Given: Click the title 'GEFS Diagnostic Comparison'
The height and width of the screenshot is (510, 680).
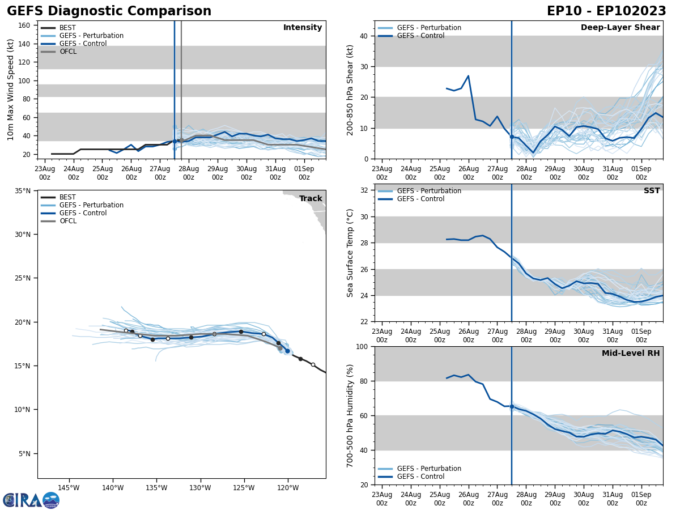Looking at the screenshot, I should pos(109,11).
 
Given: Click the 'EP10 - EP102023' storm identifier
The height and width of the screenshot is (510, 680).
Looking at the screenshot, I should pos(606,11).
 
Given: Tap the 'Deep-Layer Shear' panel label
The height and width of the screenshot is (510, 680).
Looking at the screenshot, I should pos(620,28).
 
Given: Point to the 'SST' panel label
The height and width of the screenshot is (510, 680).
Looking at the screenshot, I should pos(652,191).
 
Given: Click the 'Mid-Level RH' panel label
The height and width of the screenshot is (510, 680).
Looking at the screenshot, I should pos(631,354).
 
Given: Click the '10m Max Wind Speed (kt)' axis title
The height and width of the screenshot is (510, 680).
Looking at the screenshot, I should pos(11,90).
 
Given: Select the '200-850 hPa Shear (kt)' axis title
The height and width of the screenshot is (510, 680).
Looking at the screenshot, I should pos(350,90).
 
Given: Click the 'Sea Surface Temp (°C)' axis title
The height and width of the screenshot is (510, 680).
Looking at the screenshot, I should pos(350,253).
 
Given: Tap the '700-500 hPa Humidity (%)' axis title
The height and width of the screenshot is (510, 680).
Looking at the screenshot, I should pos(350,415).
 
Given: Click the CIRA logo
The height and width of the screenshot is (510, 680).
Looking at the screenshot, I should pos(31,500).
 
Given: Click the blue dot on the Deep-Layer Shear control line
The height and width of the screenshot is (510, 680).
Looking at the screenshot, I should pos(512,137).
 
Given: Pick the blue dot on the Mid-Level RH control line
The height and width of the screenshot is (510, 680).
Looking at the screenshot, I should pos(512,406).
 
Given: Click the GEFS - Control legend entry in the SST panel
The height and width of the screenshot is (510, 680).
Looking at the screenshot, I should pos(420,199).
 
